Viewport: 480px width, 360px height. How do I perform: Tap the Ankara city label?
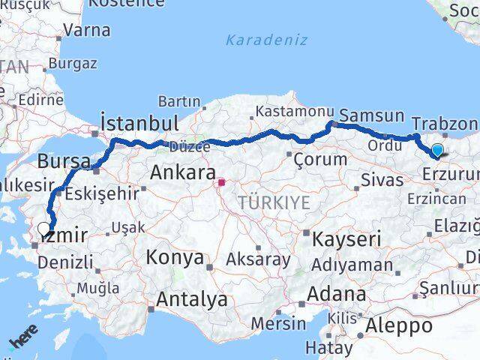[182, 172]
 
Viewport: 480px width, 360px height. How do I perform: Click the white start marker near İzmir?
[44, 230]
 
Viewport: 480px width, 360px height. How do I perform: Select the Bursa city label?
[64, 161]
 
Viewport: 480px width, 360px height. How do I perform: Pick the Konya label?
[175, 257]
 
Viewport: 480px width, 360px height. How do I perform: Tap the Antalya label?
[191, 299]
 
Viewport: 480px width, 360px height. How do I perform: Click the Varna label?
[87, 31]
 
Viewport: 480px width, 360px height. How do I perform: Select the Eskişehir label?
[101, 193]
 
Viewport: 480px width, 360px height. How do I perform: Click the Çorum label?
[320, 159]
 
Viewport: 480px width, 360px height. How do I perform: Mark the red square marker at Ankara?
[222, 181]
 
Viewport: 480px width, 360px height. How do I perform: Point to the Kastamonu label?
[288, 110]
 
